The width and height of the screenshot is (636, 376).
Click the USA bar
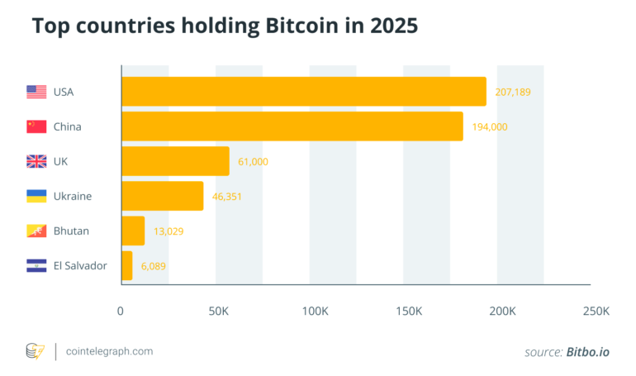303,92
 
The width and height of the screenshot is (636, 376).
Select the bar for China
292,126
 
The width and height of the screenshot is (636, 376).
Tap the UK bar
175,161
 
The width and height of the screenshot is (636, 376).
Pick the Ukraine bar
162,196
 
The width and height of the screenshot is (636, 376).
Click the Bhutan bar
133,231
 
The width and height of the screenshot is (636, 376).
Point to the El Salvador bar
126,265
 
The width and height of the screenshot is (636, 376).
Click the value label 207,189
513,92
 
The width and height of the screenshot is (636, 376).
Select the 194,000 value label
490,126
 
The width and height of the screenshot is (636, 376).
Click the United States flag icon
36,92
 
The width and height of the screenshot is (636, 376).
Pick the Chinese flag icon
36,126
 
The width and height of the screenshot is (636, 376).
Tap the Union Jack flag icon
36,161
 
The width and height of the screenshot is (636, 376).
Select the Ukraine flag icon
36,196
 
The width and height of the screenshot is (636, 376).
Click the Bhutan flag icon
36,231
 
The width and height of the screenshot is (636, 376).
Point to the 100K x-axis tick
314,312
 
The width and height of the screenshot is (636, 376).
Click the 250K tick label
596,312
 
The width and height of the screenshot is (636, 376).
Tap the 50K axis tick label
219,312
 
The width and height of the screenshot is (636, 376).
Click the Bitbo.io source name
587,352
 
